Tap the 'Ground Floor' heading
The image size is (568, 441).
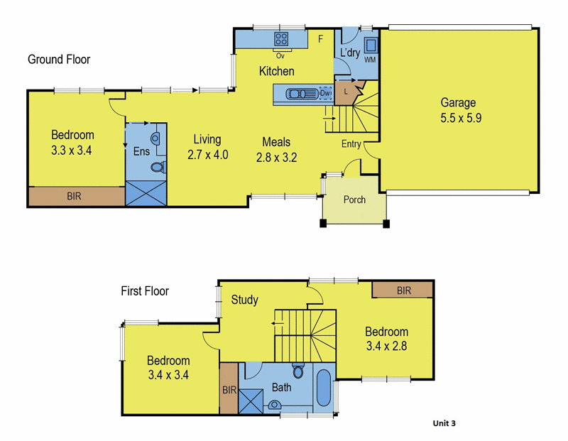pos(59,60)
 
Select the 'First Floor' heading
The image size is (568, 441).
pos(144,290)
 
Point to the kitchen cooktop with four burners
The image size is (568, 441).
pos(281,39)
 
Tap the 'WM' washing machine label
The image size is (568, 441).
pos(369,60)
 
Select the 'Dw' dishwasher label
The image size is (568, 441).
pos(326,94)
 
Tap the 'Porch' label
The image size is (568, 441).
pos(354,200)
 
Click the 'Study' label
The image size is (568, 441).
pos(245,299)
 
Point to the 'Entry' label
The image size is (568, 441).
pos(351,144)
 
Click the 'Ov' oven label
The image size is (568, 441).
pos(280,55)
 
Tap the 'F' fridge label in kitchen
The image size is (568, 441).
pos(320,39)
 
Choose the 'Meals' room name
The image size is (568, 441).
pos(276,142)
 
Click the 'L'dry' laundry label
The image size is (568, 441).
pos(349,53)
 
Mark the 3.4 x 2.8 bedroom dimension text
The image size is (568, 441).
pos(387,347)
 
